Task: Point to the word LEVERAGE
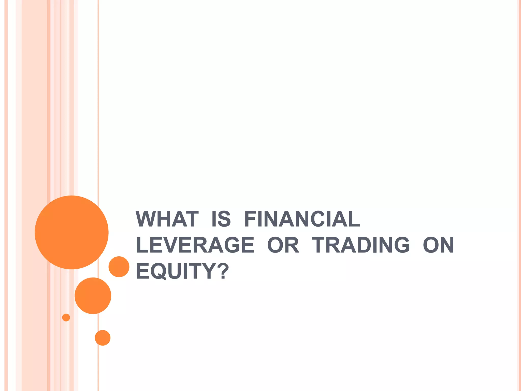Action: (x=195, y=245)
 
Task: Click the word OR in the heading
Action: (x=283, y=245)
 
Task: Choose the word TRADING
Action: (x=361, y=245)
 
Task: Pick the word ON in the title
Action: (x=438, y=245)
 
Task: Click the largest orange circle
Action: (x=72, y=232)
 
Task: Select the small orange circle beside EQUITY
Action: (x=119, y=267)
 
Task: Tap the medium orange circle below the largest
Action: (x=93, y=296)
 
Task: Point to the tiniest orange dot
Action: (x=66, y=317)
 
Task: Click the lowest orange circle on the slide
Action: (x=103, y=338)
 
